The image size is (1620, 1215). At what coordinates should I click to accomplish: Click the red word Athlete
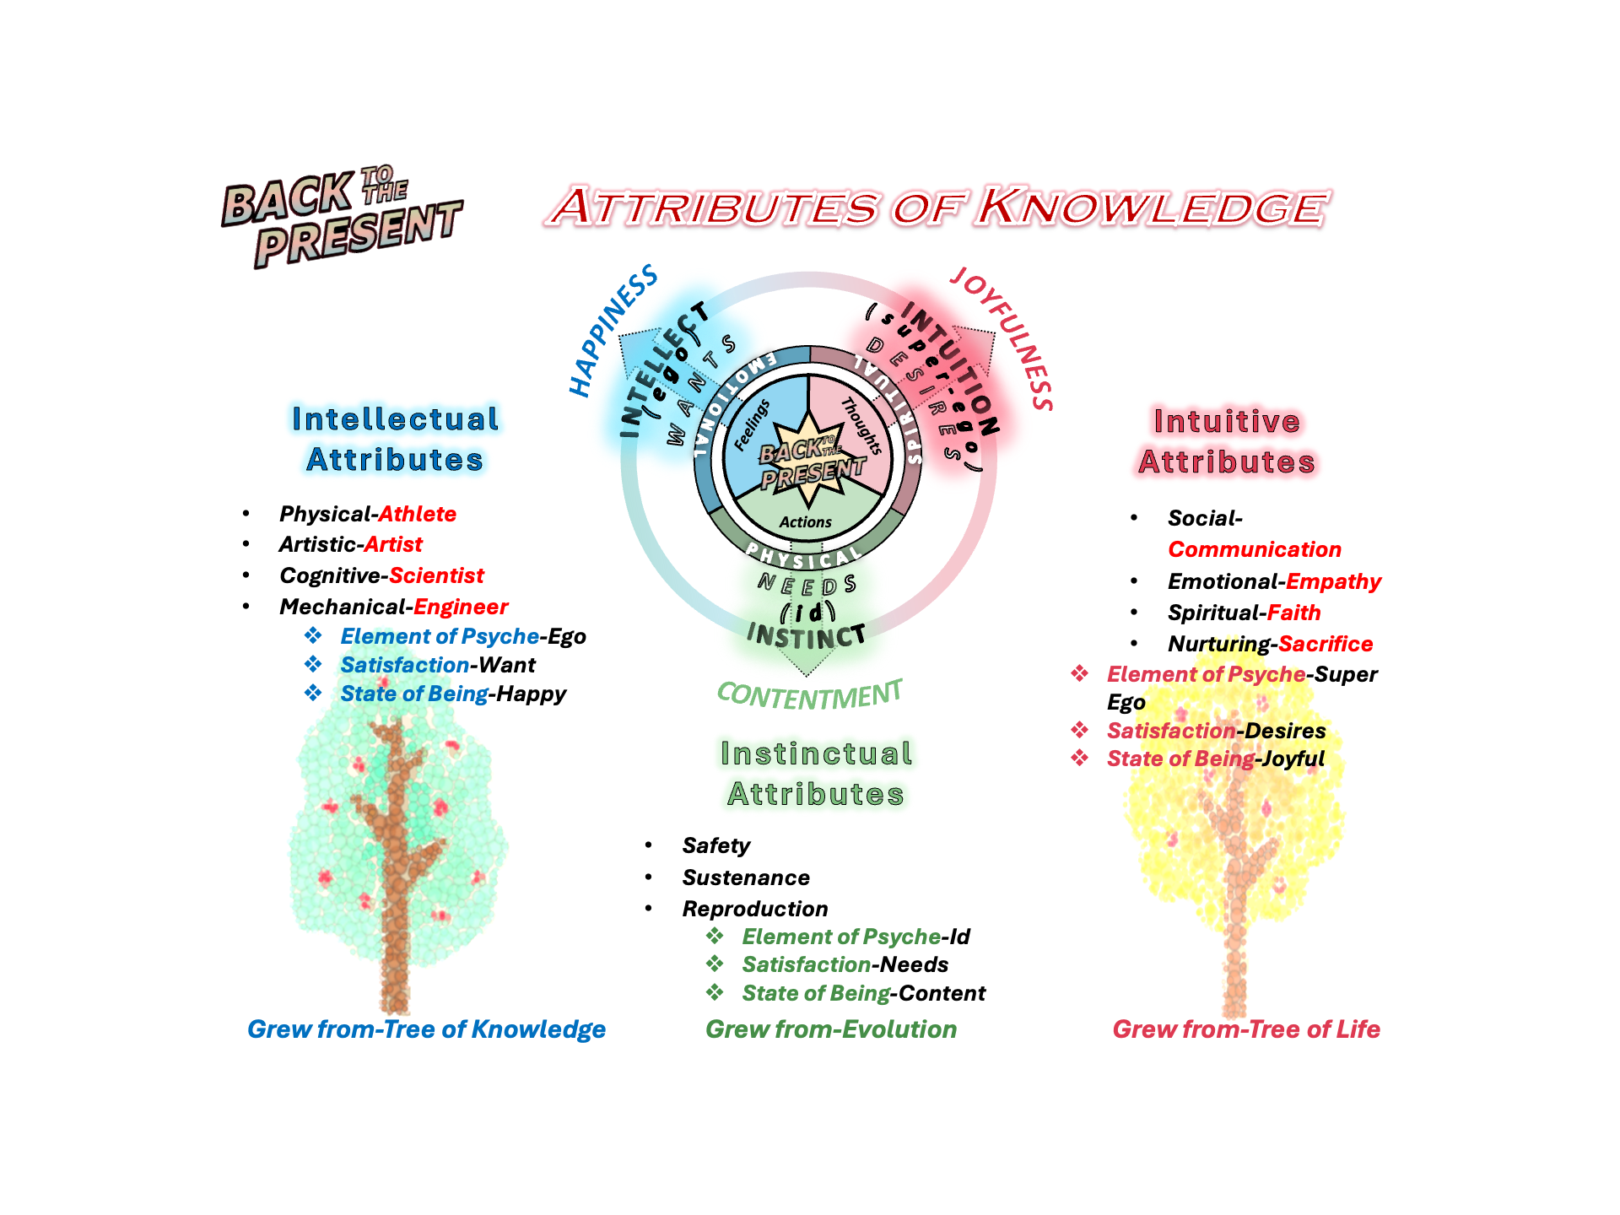[x=417, y=514]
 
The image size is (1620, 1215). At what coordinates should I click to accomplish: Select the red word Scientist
[x=436, y=575]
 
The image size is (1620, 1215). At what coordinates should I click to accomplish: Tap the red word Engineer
[x=461, y=607]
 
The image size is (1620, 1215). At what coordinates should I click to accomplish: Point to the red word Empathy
[x=1333, y=581]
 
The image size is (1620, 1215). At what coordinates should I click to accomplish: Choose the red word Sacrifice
[x=1325, y=644]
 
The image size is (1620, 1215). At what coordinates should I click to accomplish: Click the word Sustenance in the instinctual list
[x=746, y=877]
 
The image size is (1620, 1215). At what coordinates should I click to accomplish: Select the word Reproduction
[x=755, y=909]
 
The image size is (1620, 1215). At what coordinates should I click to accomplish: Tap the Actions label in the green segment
[x=806, y=522]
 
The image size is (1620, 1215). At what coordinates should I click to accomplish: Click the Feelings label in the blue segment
[x=751, y=425]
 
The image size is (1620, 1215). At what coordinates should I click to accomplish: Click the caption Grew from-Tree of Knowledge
[x=426, y=1029]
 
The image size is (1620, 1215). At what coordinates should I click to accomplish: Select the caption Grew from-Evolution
[x=831, y=1029]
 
